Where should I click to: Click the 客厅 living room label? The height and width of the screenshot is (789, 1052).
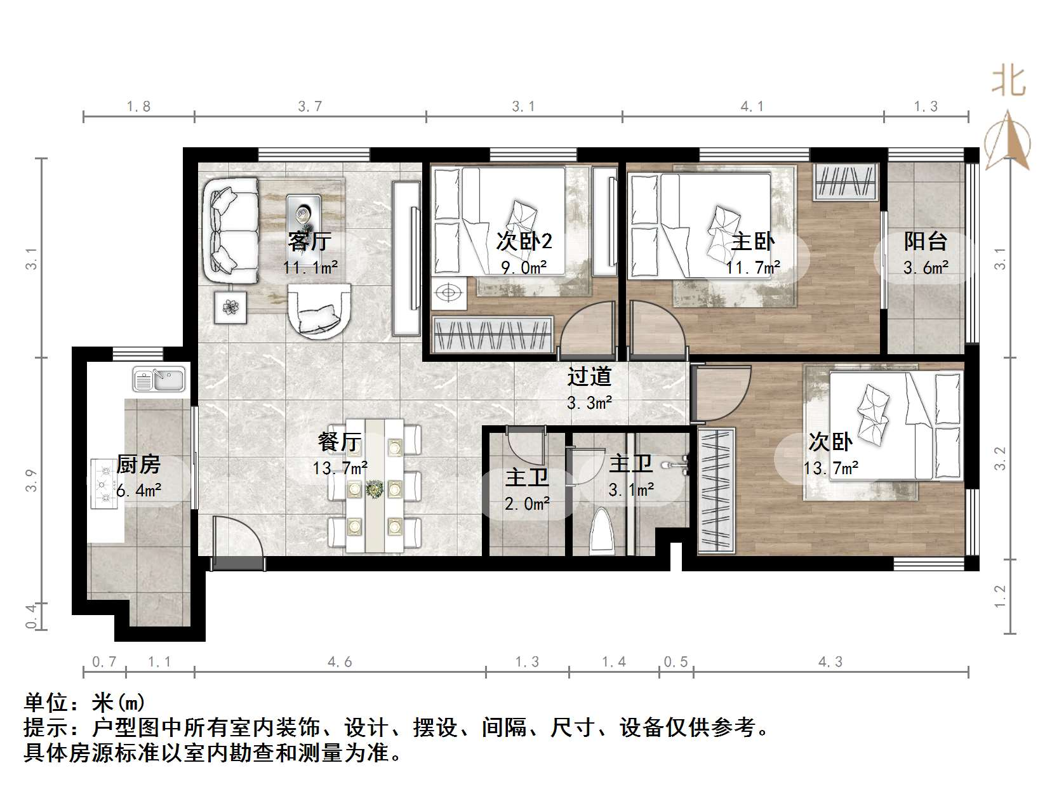(309, 241)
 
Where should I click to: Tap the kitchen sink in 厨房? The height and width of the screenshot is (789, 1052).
(159, 380)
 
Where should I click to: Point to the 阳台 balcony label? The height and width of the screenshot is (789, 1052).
(925, 241)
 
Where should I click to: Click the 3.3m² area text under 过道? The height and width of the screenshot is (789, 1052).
(589, 402)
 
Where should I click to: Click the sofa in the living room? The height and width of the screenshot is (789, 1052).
(231, 230)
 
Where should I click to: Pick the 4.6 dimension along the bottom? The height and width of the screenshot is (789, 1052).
(340, 662)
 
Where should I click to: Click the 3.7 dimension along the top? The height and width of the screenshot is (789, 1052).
(310, 106)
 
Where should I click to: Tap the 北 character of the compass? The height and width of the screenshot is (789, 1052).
(1008, 83)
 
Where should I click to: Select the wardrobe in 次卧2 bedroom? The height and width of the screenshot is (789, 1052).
(493, 334)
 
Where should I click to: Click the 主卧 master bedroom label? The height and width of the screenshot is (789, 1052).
(752, 241)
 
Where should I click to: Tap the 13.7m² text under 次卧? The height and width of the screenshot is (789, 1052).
(830, 468)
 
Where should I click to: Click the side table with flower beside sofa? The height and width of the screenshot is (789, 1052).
(230, 308)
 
